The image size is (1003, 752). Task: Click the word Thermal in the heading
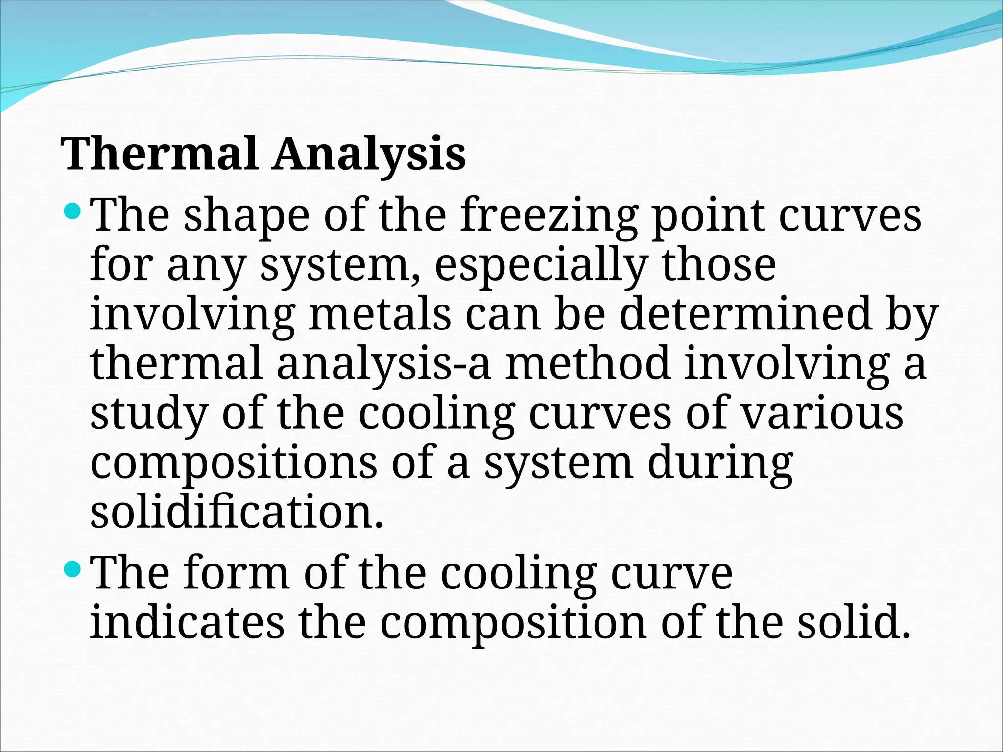coord(159,154)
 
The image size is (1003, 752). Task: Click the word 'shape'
coord(246,216)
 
